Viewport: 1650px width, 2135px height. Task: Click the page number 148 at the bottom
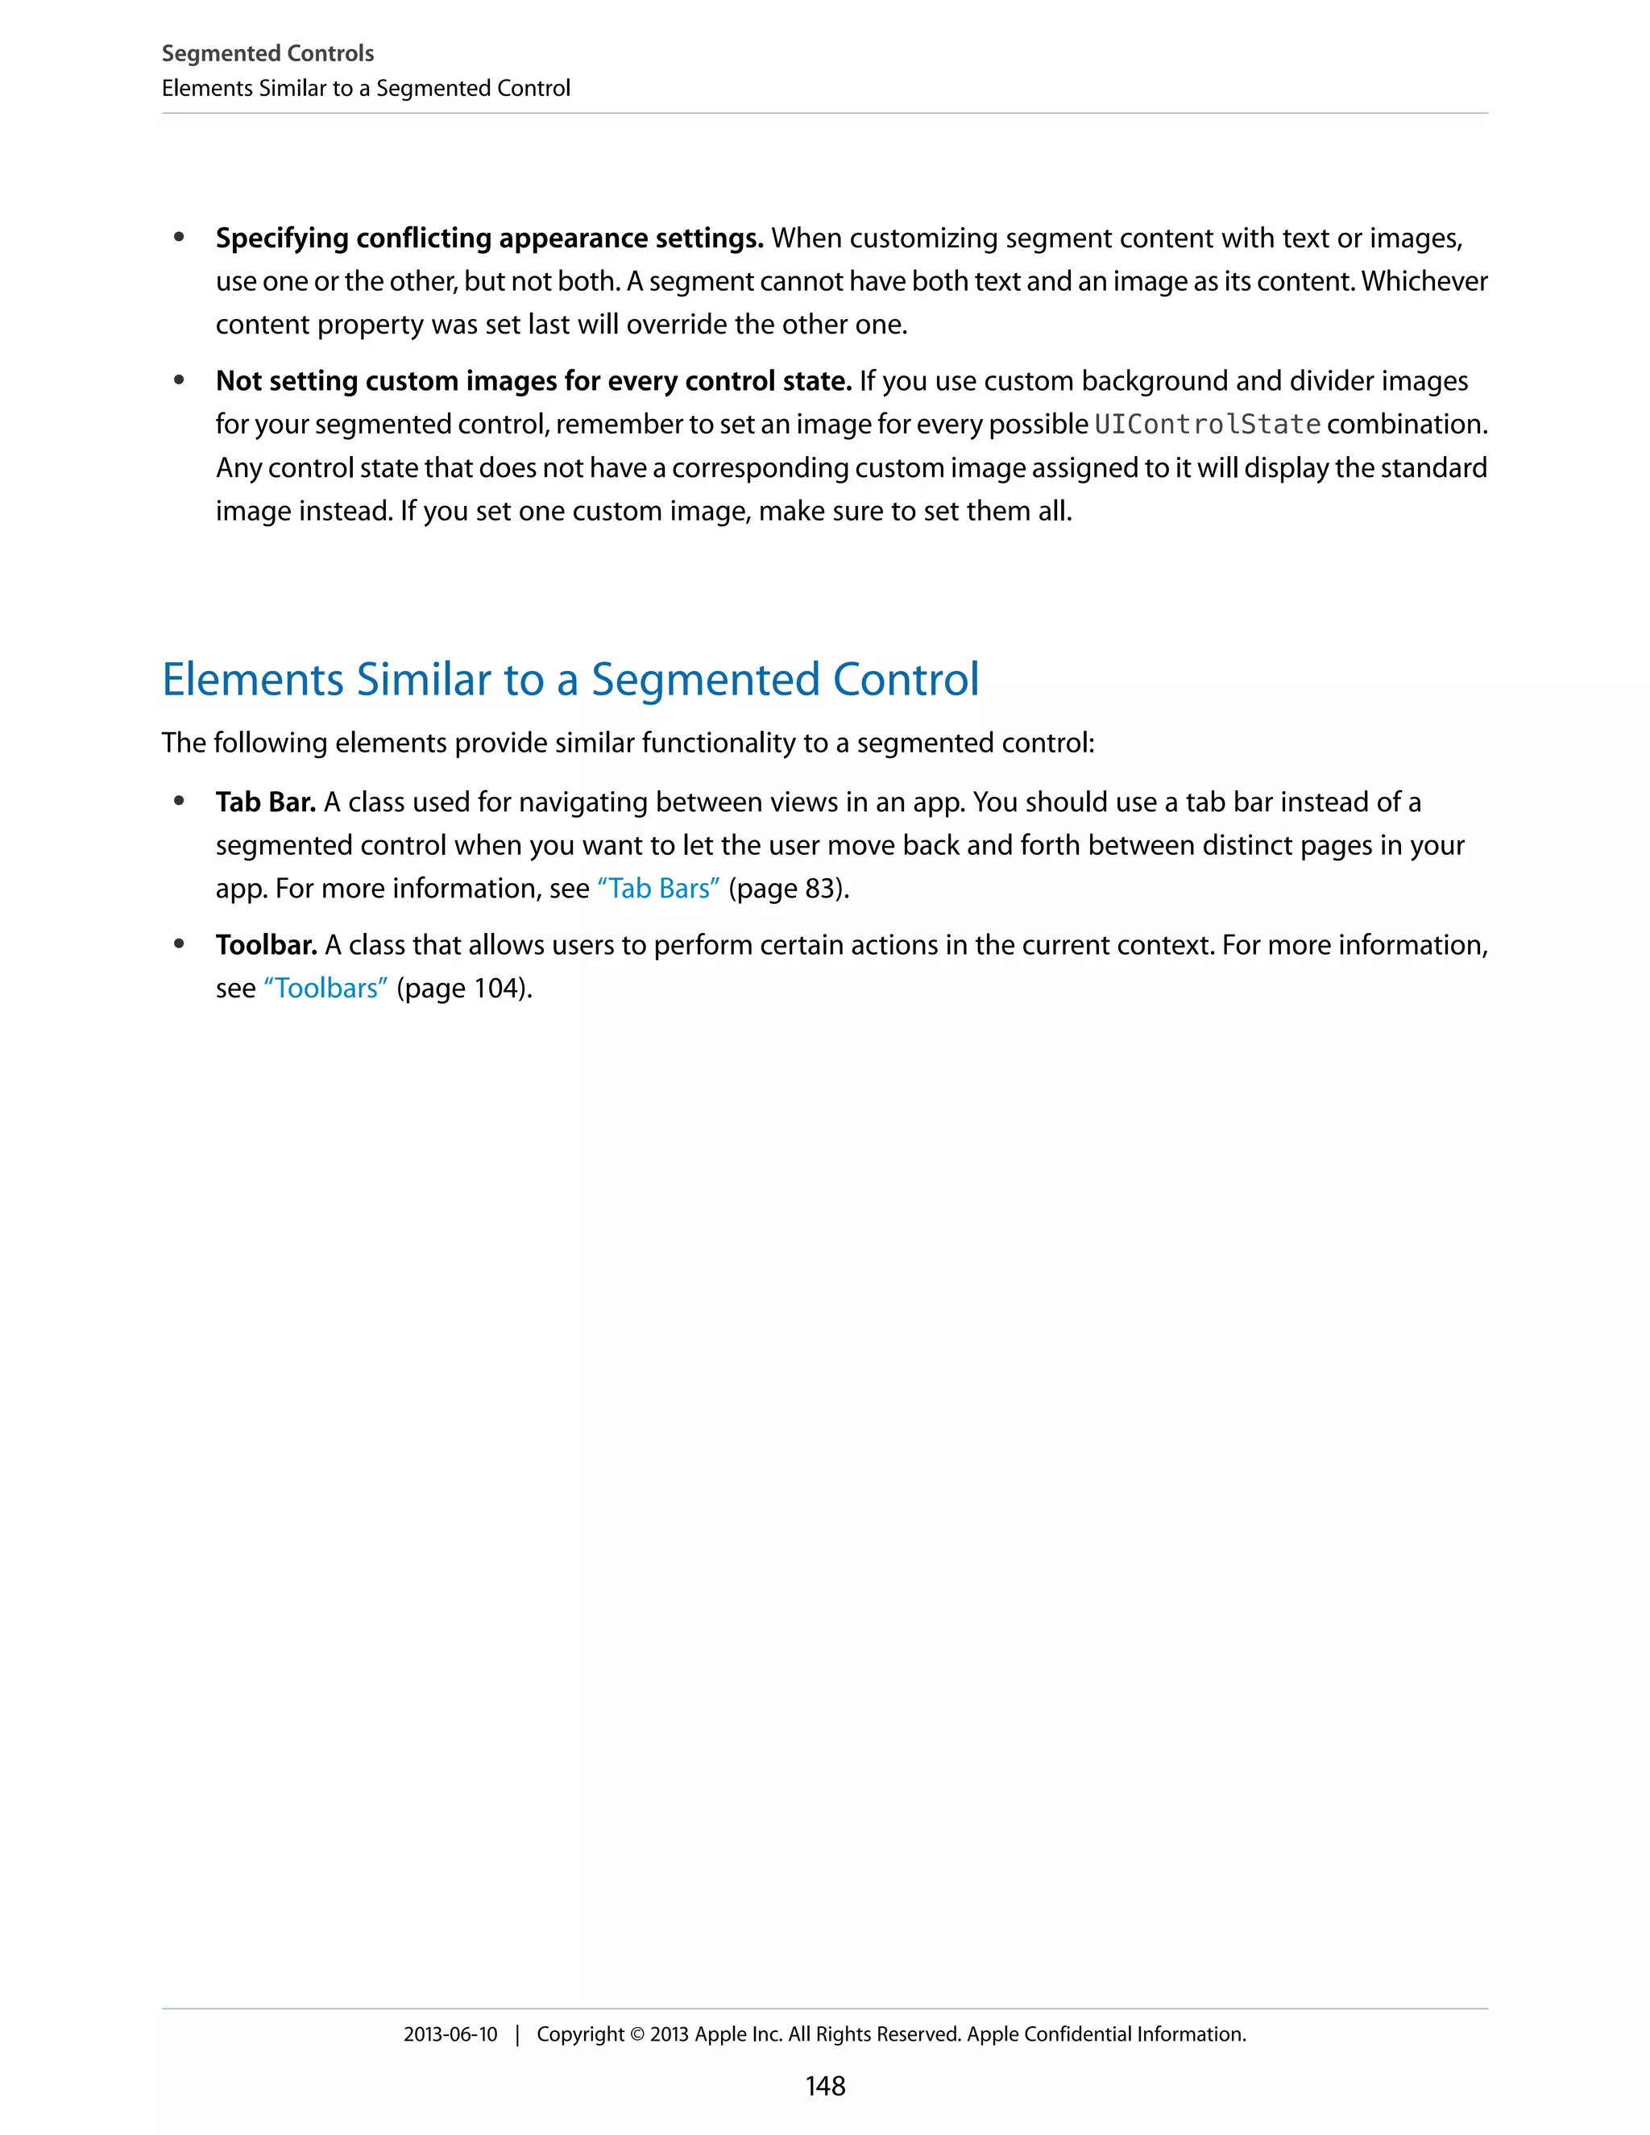click(825, 2085)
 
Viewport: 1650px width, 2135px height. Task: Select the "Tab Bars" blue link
click(658, 889)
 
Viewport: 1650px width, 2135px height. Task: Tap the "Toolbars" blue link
click(325, 989)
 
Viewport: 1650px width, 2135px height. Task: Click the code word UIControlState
click(1207, 425)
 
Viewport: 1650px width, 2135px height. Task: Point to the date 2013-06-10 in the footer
click(450, 2034)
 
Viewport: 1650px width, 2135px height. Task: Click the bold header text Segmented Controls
click(267, 53)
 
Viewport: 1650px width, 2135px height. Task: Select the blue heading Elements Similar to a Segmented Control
click(570, 679)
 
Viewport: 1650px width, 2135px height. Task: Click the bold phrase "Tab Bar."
click(265, 802)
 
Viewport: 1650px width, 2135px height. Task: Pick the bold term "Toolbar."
click(266, 945)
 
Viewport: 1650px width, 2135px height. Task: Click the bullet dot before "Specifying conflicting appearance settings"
click(179, 238)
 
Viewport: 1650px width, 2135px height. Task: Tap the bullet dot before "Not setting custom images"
click(179, 380)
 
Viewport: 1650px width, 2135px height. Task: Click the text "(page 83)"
click(788, 889)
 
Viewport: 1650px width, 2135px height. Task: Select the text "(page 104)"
click(463, 989)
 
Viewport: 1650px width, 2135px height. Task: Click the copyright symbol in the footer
click(636, 2034)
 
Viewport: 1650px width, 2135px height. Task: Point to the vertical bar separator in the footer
click(517, 2035)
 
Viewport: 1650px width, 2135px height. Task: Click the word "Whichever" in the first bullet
click(1424, 281)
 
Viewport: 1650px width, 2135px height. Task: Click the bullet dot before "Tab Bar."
click(179, 802)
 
